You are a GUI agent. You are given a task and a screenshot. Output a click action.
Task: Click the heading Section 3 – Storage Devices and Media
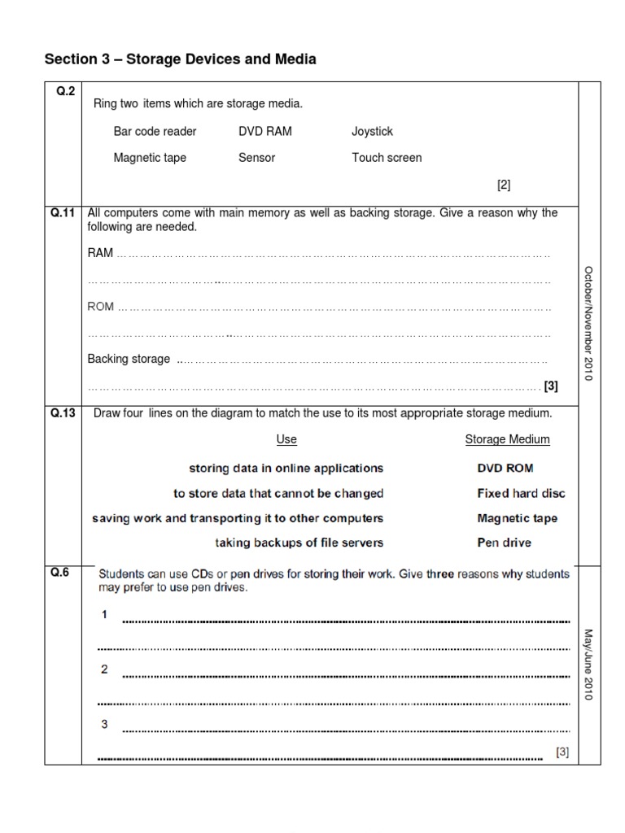coord(180,59)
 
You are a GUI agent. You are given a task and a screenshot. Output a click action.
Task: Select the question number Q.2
coord(65,92)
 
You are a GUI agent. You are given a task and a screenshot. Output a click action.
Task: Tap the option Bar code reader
coord(155,131)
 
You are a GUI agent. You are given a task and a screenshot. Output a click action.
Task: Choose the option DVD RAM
coord(264,131)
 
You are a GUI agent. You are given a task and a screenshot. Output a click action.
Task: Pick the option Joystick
coord(372,131)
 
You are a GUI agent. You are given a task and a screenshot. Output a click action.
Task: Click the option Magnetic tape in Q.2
coord(150,158)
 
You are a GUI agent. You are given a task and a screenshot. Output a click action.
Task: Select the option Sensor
coord(256,158)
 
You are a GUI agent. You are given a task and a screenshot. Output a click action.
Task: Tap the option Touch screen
coord(387,158)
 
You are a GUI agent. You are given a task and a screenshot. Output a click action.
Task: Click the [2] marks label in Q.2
coord(504,185)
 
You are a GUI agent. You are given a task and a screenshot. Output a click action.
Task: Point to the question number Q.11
coord(63,213)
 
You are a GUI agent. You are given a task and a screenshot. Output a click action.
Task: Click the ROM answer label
coord(101,307)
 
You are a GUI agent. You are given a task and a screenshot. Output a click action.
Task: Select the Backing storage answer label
coord(129,359)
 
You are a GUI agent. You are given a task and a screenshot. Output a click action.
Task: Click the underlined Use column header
coord(286,439)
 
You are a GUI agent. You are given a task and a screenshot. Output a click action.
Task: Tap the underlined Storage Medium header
coord(507,439)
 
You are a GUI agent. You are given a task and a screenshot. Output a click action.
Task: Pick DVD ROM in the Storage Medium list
coord(505,469)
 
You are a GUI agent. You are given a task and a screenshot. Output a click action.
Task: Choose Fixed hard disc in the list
coord(521,493)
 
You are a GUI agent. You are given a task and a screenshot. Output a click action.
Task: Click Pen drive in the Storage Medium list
coord(505,542)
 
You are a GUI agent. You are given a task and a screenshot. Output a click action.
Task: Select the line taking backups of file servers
coord(299,542)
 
